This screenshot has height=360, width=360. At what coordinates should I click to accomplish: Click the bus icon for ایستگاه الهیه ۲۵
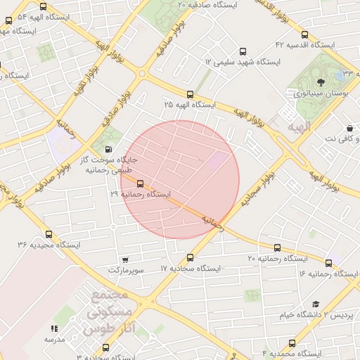click(x=190, y=94)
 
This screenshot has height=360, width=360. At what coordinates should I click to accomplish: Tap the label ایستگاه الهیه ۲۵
click(x=190, y=105)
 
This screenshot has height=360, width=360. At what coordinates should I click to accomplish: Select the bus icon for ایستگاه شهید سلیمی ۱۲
click(x=243, y=51)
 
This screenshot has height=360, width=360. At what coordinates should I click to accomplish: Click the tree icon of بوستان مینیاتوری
click(x=311, y=83)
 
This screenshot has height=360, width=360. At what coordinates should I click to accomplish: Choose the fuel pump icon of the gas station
click(x=108, y=148)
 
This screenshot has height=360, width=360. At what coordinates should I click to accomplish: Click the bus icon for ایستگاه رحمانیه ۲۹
click(x=140, y=184)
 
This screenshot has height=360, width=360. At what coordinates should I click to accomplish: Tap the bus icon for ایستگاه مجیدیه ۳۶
click(x=49, y=235)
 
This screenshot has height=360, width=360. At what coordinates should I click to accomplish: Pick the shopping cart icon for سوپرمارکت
click(x=125, y=260)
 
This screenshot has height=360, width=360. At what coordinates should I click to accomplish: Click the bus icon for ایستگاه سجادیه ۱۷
click(x=190, y=259)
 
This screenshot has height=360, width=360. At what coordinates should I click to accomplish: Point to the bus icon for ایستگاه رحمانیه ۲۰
click(x=277, y=248)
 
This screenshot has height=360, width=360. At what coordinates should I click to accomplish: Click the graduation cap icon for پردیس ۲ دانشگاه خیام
click(x=316, y=304)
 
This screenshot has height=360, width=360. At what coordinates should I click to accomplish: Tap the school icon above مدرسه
click(x=54, y=328)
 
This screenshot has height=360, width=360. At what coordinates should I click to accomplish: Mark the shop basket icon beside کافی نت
click(x=349, y=129)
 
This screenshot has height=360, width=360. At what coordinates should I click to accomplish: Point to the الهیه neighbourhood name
click(x=298, y=127)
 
